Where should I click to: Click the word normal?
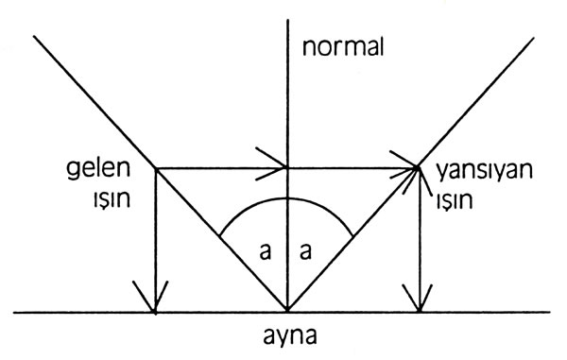point(342,47)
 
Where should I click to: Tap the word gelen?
point(98,169)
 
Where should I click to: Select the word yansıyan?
point(484,171)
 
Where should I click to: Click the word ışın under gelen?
point(112,198)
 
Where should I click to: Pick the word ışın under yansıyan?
point(455,200)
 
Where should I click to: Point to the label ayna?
point(290,336)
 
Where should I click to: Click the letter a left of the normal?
point(265,251)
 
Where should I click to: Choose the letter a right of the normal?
point(305,251)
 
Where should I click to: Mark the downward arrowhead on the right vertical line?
point(419,299)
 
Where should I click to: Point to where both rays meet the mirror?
point(287,311)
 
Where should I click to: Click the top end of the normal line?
point(287,20)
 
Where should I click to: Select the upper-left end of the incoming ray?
point(34,36)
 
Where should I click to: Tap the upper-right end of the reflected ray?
point(533,38)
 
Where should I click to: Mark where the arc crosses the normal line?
point(287,198)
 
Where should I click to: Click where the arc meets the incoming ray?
point(220,237)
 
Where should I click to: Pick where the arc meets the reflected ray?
point(352,236)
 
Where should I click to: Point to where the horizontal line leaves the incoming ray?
point(156,168)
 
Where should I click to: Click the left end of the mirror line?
point(14,312)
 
